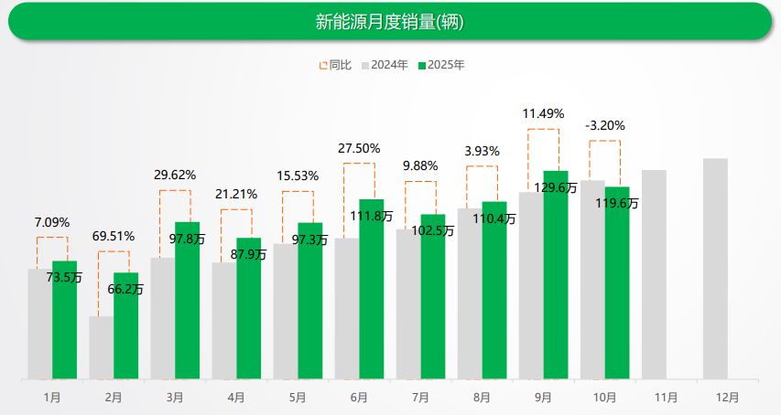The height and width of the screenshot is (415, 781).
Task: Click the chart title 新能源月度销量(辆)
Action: tap(390, 22)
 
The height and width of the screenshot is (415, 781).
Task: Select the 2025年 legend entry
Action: tap(446, 65)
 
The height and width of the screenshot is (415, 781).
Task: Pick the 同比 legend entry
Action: tap(335, 65)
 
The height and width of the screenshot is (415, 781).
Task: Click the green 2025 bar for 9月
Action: tap(556, 274)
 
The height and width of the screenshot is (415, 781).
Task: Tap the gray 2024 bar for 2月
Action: tap(101, 347)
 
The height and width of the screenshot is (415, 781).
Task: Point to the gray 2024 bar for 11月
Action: tap(654, 274)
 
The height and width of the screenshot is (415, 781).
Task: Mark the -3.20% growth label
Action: tap(604, 126)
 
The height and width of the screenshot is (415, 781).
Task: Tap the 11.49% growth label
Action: tap(543, 113)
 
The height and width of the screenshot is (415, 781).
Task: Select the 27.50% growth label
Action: tap(359, 148)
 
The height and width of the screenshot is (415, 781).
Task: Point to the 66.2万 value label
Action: tap(125, 289)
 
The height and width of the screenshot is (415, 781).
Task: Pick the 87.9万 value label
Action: tap(248, 254)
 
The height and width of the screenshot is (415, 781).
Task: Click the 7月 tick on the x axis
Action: tap(420, 398)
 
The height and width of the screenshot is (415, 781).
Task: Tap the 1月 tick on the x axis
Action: tap(52, 398)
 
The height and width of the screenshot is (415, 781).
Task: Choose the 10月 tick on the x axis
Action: tap(604, 398)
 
